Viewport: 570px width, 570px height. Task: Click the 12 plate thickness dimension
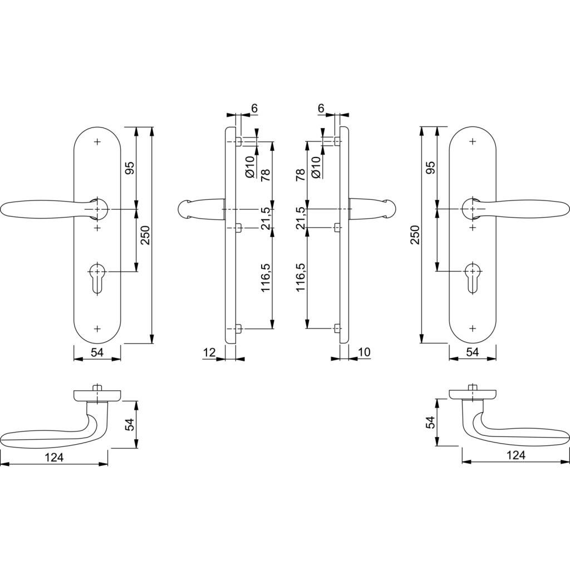coord(210,352)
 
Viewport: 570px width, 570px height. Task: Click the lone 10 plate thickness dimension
coord(364,352)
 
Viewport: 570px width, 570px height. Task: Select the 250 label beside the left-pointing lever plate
coord(145,235)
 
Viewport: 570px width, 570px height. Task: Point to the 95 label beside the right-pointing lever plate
coord(430,168)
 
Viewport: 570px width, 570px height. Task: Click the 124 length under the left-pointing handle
coord(54,458)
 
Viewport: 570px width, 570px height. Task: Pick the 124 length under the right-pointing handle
coord(516,455)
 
